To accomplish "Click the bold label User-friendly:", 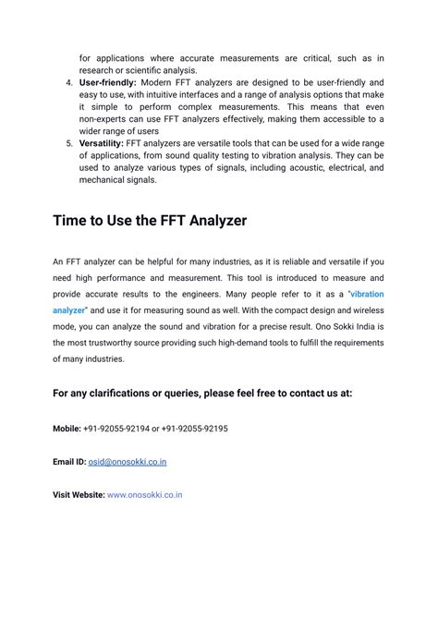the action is tap(107, 82).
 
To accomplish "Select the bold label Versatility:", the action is tap(101, 143).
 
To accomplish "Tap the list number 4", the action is tap(68, 82).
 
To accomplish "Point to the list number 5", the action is tap(68, 143).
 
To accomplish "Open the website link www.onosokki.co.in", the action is tap(145, 494).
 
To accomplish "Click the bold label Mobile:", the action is tap(67, 428).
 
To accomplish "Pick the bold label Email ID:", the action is tap(69, 461).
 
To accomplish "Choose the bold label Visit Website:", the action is tap(79, 494).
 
